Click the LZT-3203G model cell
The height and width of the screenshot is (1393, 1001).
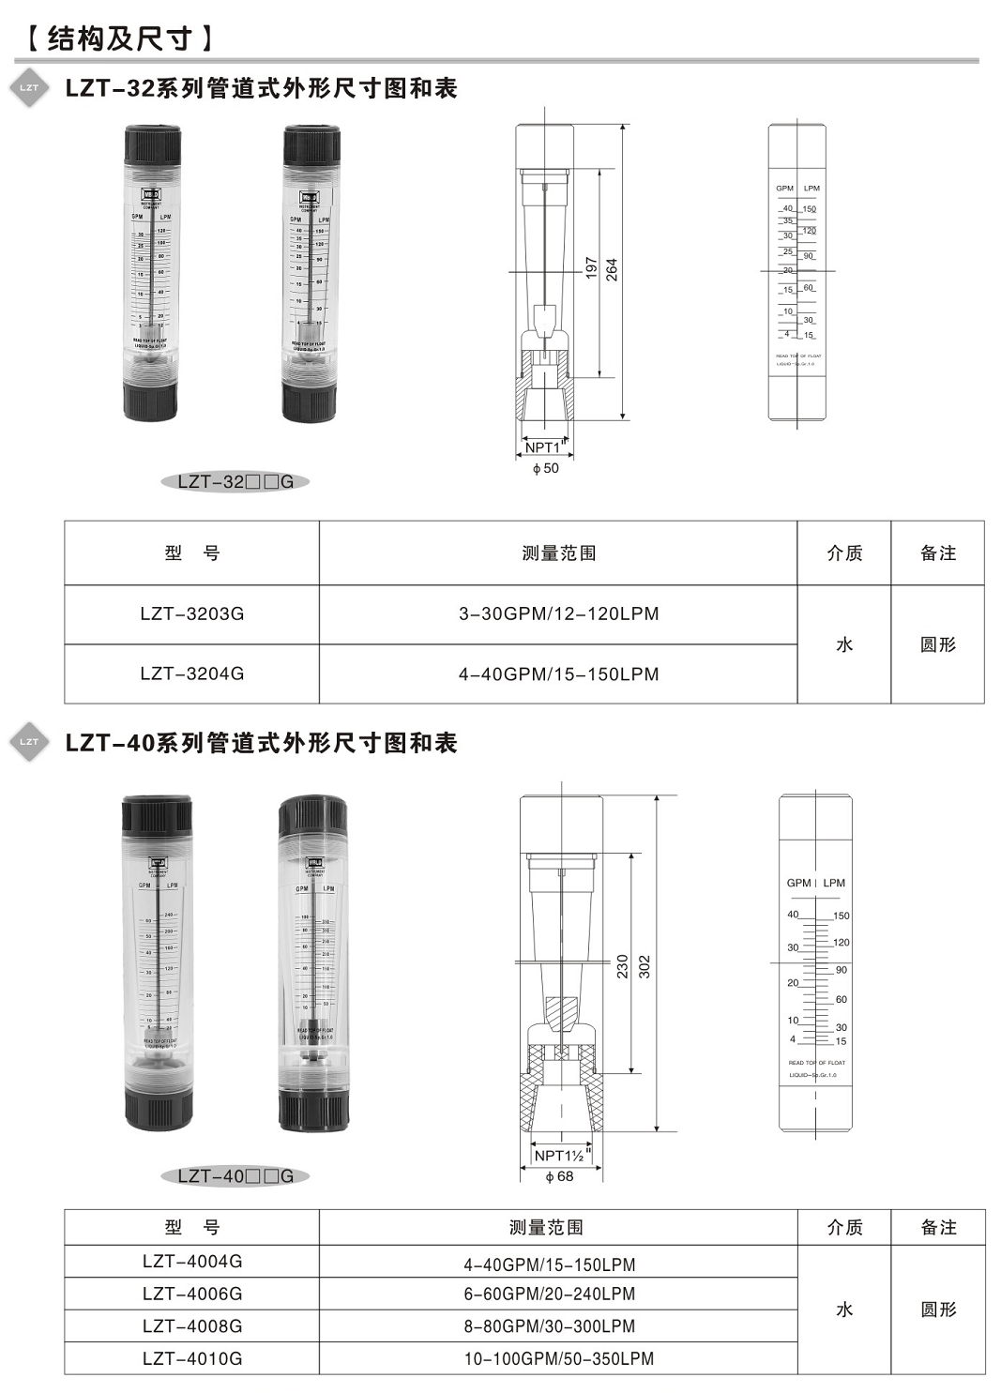click(x=191, y=614)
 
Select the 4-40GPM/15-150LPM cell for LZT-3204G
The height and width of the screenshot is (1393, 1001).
click(x=558, y=674)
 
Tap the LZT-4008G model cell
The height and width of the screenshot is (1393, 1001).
click(x=191, y=1325)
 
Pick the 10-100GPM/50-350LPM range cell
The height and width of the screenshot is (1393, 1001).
click(x=558, y=1358)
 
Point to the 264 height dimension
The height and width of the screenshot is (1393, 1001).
click(x=612, y=270)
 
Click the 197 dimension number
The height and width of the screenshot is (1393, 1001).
click(x=591, y=270)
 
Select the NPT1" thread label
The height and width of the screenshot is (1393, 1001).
click(x=544, y=447)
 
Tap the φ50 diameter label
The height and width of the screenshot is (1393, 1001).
click(x=545, y=468)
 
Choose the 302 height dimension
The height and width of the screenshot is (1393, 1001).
click(x=645, y=967)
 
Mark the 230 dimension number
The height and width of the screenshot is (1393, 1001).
click(x=622, y=967)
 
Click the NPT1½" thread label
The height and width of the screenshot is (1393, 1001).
click(x=561, y=1156)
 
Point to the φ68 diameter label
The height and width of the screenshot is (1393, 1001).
click(x=559, y=1176)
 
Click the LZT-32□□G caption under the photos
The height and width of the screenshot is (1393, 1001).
click(x=235, y=481)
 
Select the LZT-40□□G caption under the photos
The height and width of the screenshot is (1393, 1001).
click(x=235, y=1175)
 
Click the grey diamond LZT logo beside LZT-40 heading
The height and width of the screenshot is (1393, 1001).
click(x=29, y=742)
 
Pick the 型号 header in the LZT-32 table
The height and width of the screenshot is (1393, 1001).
click(x=191, y=553)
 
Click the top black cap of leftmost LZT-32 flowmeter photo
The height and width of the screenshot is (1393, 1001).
click(x=152, y=145)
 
